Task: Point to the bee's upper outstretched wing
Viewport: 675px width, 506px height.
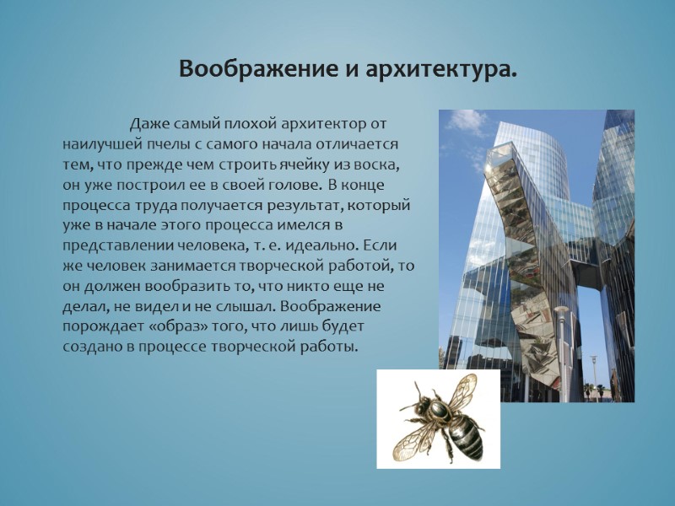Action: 461,390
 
